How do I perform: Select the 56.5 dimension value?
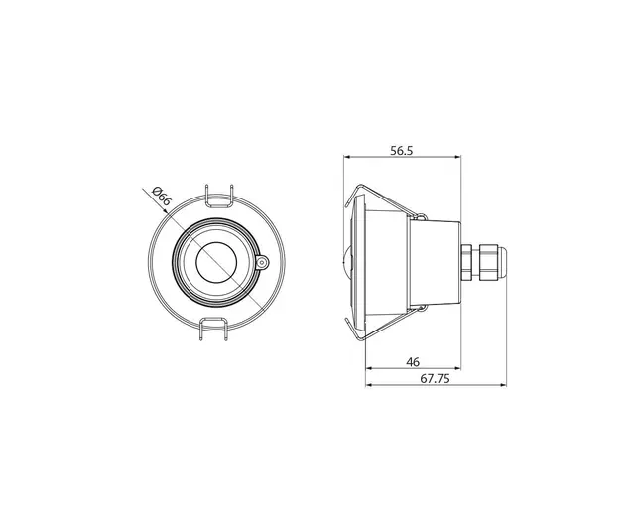tap(401, 151)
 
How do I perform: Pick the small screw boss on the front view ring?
tap(262, 263)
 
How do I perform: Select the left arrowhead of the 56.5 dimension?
tap(347, 158)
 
